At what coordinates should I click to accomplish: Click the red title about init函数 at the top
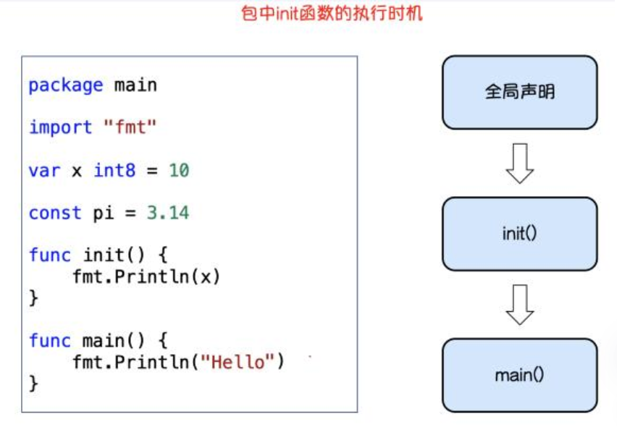click(x=331, y=13)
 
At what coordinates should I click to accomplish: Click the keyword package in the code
click(x=66, y=85)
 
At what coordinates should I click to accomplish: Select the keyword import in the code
click(x=61, y=128)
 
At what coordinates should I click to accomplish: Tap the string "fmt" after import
click(x=131, y=128)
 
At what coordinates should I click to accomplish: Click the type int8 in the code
click(x=115, y=171)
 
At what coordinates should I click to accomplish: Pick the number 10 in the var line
click(x=179, y=171)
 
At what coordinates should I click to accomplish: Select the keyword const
click(x=55, y=213)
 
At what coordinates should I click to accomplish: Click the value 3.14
click(x=168, y=213)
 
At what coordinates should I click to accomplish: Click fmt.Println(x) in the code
click(x=146, y=276)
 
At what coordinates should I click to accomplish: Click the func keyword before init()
click(x=50, y=255)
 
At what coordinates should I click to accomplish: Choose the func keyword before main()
click(x=50, y=341)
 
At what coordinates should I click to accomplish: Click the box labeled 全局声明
click(x=519, y=93)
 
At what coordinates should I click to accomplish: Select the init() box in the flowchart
click(x=519, y=234)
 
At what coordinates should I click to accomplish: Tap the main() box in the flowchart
click(x=519, y=375)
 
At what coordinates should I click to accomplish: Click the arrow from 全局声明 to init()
click(x=519, y=164)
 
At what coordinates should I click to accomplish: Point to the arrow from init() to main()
click(x=519, y=305)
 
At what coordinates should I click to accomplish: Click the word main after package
click(x=135, y=85)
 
